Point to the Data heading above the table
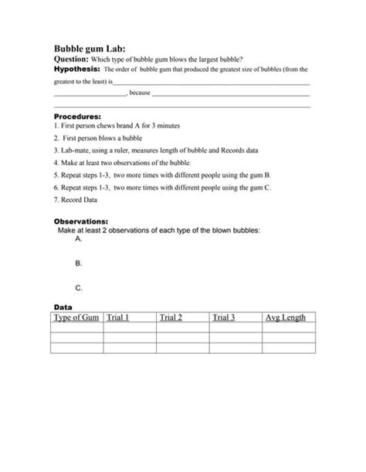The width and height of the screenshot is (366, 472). pos(63,306)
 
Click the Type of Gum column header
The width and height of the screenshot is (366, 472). pos(76,317)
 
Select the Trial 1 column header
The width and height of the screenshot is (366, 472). pos(117,317)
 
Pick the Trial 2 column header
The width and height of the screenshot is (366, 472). pos(171,317)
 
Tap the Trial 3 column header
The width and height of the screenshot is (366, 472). pos(223,317)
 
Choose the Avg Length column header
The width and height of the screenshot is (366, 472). pos(285,317)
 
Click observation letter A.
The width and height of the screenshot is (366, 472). pos(79,240)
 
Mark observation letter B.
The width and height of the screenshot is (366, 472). pos(79,263)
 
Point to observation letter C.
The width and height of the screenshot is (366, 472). pos(79,288)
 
